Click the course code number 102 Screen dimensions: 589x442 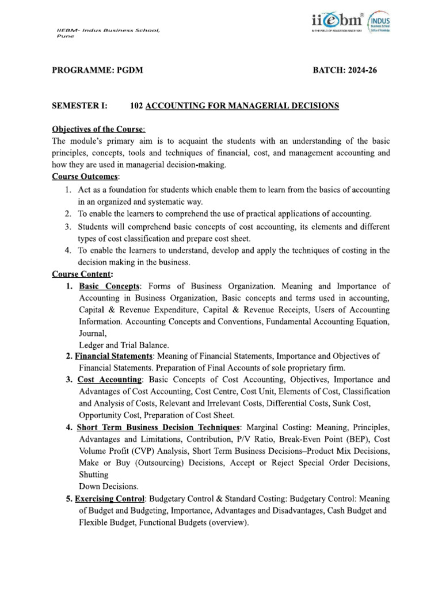(x=136, y=106)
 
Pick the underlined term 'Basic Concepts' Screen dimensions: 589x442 (x=109, y=286)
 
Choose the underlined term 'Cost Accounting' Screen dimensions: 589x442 (x=109, y=380)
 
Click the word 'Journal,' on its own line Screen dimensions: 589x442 (x=93, y=333)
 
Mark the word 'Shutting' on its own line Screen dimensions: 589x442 (x=93, y=475)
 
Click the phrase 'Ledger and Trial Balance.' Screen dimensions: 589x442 (x=124, y=345)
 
